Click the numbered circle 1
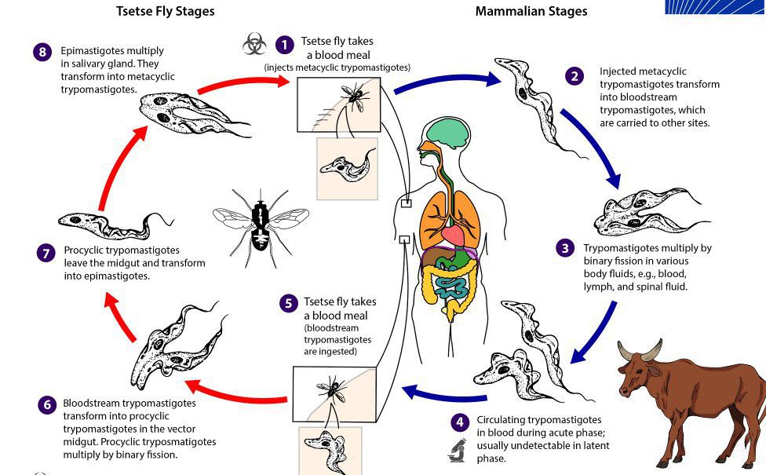(x=283, y=45)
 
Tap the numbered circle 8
(x=42, y=53)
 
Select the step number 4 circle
(x=460, y=422)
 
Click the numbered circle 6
(x=47, y=404)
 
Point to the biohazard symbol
(x=254, y=44)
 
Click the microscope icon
(x=458, y=450)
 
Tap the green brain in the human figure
(x=446, y=133)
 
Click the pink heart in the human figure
(x=454, y=235)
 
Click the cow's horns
(x=640, y=351)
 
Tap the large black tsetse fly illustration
(x=261, y=222)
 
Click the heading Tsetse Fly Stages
(x=165, y=11)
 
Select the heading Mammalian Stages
(x=531, y=11)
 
